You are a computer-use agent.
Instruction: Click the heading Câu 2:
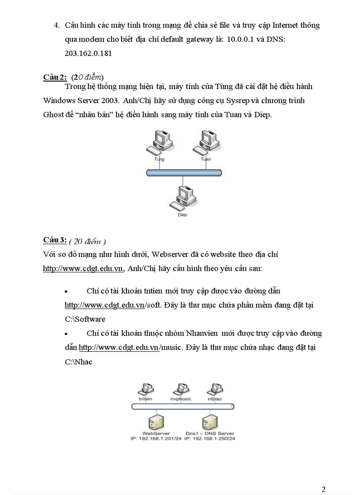[x=55, y=77]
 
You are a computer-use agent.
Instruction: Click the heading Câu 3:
[x=55, y=240]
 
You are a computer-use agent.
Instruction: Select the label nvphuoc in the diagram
[x=181, y=398]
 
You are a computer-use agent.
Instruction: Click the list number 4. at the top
[x=56, y=25]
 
